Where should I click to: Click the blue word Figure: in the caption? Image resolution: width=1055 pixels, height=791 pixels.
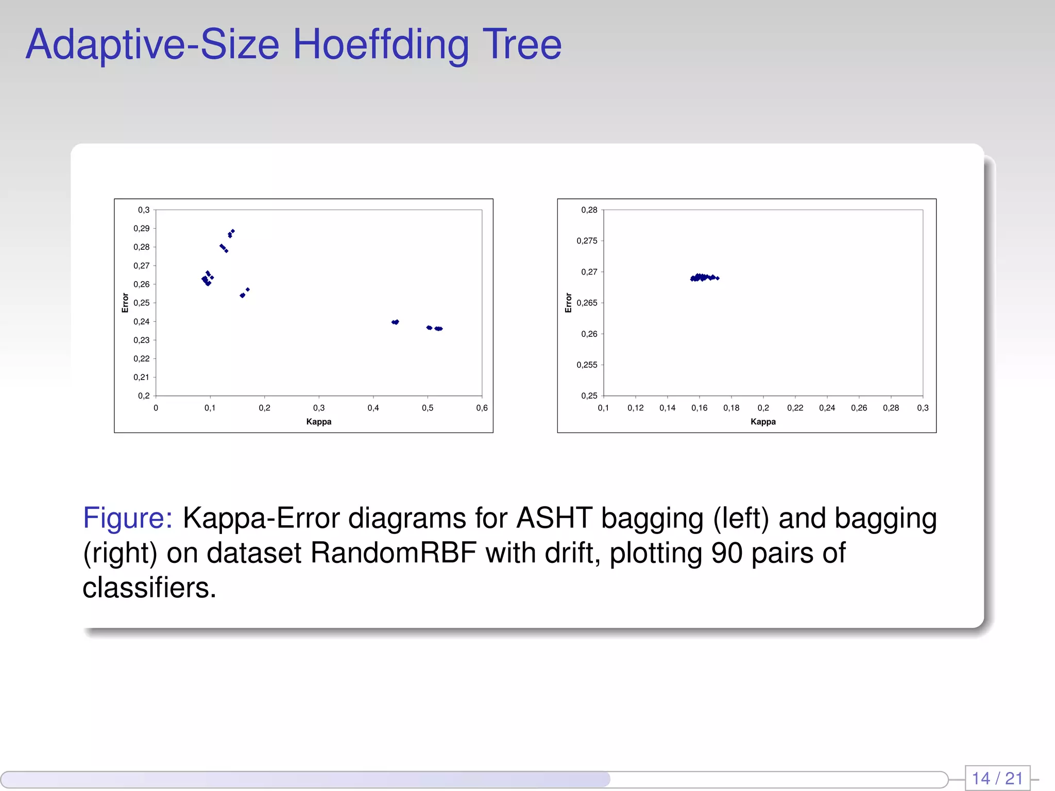click(x=127, y=518)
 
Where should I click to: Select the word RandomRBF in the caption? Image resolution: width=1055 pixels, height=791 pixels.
click(x=393, y=553)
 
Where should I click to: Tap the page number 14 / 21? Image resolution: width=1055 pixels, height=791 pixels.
click(x=997, y=778)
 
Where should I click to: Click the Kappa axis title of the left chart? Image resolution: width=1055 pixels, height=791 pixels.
click(x=318, y=422)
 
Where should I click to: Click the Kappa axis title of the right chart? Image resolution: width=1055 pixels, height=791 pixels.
click(x=762, y=422)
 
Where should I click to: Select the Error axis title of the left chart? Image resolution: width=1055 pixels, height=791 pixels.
click(x=125, y=303)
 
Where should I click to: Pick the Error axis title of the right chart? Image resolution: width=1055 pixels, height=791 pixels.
click(x=569, y=303)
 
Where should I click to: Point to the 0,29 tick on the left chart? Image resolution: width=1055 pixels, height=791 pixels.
click(x=142, y=229)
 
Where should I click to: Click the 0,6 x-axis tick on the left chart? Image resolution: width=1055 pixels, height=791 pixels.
click(x=482, y=408)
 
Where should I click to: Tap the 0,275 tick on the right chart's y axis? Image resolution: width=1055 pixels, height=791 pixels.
click(x=587, y=241)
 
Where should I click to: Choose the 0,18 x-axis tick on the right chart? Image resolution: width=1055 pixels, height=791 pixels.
click(x=731, y=408)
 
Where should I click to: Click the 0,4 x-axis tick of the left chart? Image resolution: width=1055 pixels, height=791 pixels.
click(x=373, y=408)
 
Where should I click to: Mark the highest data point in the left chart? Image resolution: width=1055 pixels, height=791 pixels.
click(x=233, y=231)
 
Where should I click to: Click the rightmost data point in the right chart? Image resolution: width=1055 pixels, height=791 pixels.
click(x=718, y=278)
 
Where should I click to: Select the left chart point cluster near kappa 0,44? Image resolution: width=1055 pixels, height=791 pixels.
click(x=395, y=322)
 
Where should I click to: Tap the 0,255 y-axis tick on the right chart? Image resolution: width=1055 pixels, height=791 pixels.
click(x=587, y=365)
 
